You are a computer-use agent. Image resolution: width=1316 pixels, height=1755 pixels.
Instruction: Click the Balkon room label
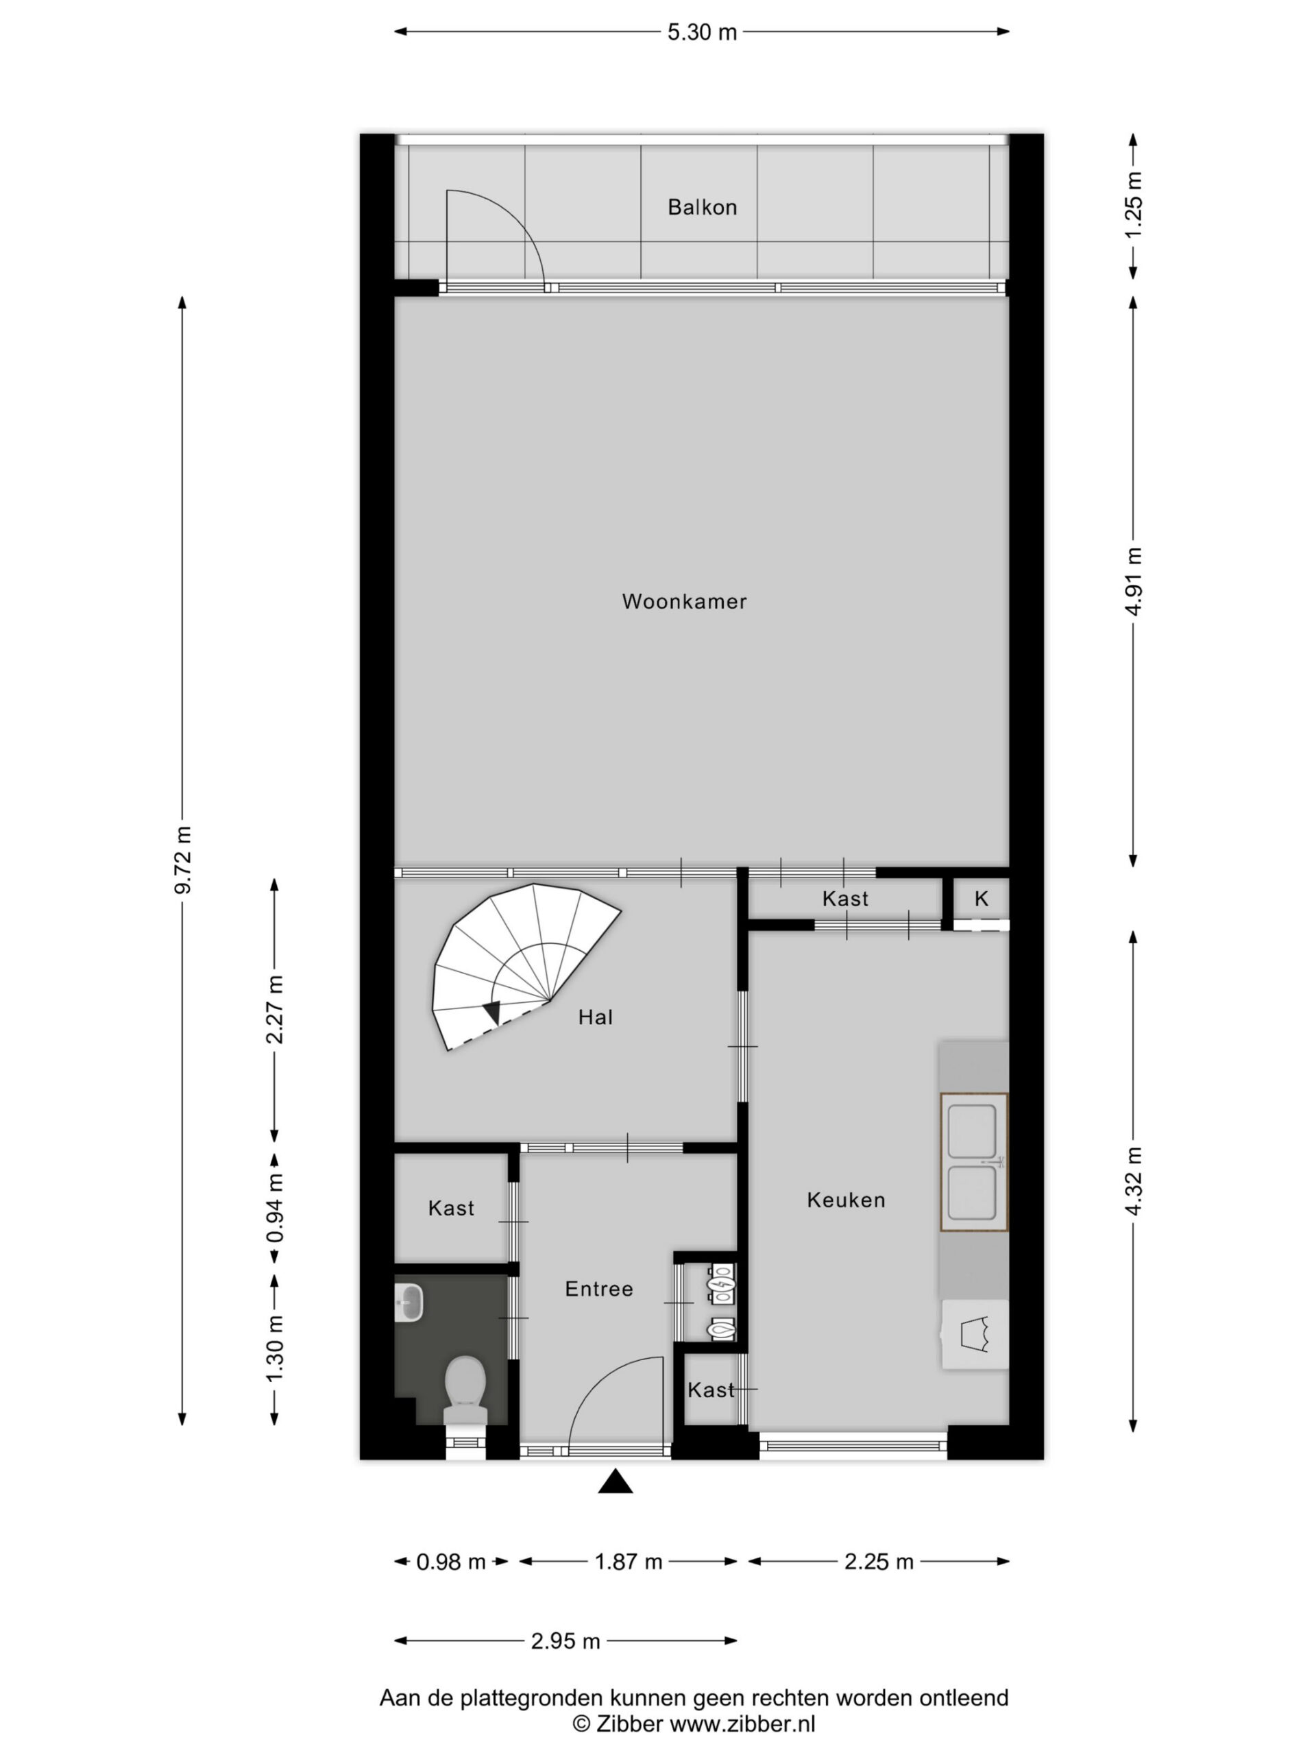pos(702,207)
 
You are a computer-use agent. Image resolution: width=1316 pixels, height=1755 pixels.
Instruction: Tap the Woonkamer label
pos(684,601)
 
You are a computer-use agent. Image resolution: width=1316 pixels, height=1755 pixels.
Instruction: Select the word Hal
pos(595,1017)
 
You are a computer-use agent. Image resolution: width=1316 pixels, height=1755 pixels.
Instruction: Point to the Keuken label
pos(846,1200)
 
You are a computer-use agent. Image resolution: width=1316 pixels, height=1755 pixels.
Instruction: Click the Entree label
pos(599,1290)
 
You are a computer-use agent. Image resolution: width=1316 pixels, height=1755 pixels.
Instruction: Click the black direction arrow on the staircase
pos(492,1013)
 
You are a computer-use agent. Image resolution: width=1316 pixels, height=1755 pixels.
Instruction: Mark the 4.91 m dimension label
pos(1134,581)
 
